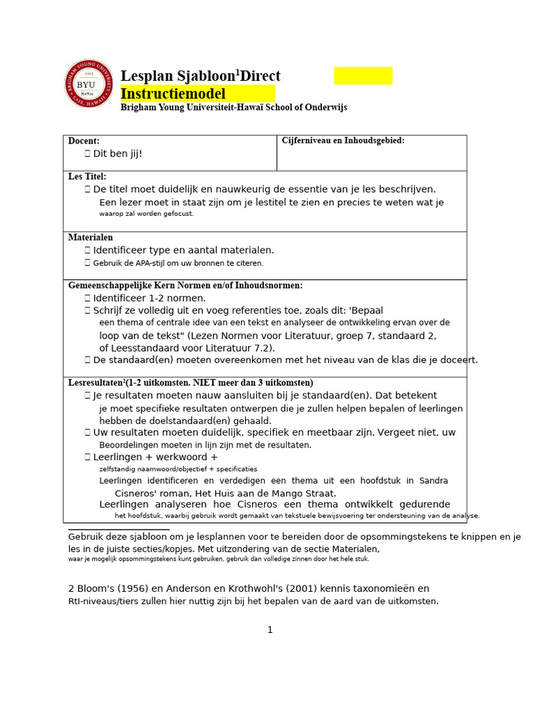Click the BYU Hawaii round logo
tap(89, 84)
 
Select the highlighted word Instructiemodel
tap(173, 94)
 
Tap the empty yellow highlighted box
tap(363, 76)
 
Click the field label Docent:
tap(84, 141)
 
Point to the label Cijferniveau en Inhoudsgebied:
tap(343, 141)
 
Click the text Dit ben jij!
tap(117, 153)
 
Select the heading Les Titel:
tap(87, 177)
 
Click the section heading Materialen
tap(91, 237)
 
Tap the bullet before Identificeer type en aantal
tap(88, 250)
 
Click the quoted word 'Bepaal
tap(368, 311)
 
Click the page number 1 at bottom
tap(270, 629)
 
